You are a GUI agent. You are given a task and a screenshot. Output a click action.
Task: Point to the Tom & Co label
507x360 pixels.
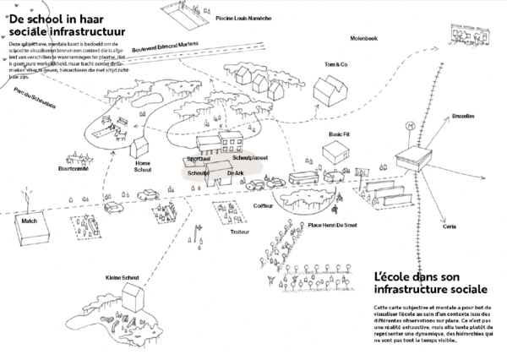point(335,64)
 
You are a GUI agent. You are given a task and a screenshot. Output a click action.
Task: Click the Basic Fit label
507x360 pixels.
point(339,134)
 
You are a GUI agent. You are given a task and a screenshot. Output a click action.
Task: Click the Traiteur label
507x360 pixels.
point(219,230)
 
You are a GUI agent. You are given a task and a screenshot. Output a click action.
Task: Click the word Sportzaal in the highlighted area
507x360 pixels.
point(199,158)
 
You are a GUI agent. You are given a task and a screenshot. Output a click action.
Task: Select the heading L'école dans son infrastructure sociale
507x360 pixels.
point(428,283)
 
